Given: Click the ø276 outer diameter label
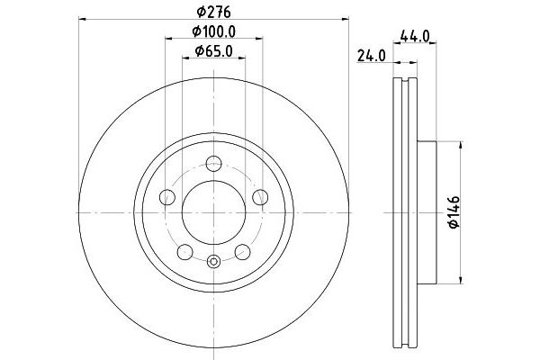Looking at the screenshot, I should [x=213, y=12].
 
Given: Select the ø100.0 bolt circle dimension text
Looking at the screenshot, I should [x=214, y=33].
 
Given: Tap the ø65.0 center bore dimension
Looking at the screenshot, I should [x=214, y=53].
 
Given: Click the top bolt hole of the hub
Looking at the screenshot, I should [x=213, y=164].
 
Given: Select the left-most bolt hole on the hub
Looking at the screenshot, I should [x=166, y=197].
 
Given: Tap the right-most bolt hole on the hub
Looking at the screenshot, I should [x=261, y=197].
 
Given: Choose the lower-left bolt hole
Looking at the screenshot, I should [x=184, y=253].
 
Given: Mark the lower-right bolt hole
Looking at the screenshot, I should [x=243, y=253].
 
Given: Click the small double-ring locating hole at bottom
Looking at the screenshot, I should [x=213, y=263].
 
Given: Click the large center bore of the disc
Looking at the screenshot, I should [x=213, y=213].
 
